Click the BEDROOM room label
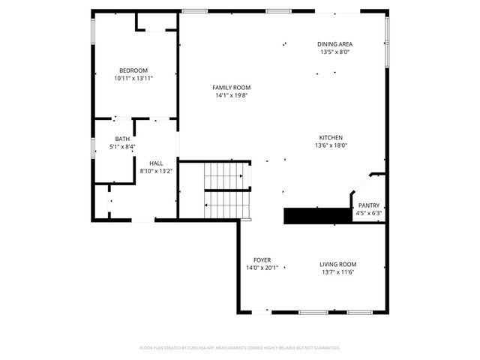click(x=133, y=70)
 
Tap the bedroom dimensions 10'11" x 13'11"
click(x=133, y=78)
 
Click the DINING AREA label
click(x=335, y=44)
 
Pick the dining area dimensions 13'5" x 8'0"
click(x=335, y=52)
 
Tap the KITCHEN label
click(x=331, y=138)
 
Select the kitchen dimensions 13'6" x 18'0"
click(x=331, y=146)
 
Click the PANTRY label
click(x=368, y=205)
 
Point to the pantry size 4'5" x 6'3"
click(x=368, y=214)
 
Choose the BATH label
click(x=122, y=139)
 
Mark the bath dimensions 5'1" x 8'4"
click(x=122, y=147)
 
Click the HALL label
click(x=156, y=163)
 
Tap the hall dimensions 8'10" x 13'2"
click(x=156, y=171)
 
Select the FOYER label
click(x=262, y=259)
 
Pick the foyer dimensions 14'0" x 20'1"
click(x=262, y=268)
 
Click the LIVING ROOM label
click(x=337, y=264)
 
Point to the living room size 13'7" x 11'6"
click(x=337, y=272)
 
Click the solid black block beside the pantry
click(x=316, y=216)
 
